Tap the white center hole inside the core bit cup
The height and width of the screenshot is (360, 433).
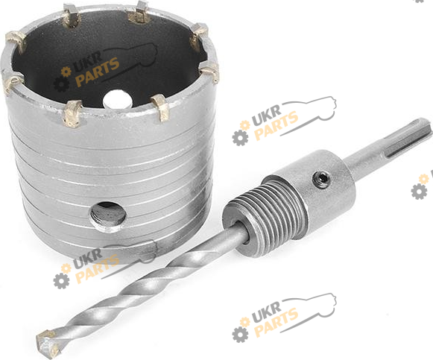point(117,99)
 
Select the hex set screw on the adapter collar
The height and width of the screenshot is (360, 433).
point(321,180)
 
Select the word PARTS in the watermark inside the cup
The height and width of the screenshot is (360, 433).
point(98,72)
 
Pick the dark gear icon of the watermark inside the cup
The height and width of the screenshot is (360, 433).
point(61,84)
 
